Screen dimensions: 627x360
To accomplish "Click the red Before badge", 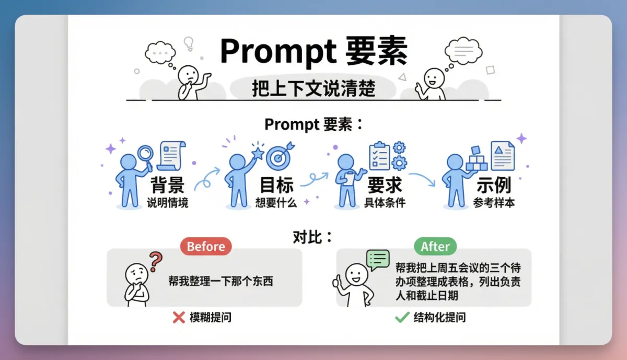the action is (x=206, y=246).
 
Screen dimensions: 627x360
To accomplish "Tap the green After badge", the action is (x=435, y=246).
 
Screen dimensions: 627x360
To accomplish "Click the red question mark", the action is (x=156, y=261).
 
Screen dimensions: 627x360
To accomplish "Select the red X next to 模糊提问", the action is (x=179, y=318).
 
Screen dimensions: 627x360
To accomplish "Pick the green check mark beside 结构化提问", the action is (x=402, y=318).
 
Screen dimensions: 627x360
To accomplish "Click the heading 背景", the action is (x=168, y=185).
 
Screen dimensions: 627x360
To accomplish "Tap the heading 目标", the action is (x=276, y=185).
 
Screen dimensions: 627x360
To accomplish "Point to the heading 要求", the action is (x=385, y=185).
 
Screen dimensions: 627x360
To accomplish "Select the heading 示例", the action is (x=494, y=185).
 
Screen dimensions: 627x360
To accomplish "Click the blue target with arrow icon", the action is (x=280, y=156).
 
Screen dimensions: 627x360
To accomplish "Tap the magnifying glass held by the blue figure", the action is (x=146, y=157).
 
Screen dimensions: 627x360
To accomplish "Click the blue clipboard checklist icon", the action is (x=379, y=156).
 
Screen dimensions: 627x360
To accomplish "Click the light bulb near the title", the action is (x=189, y=44).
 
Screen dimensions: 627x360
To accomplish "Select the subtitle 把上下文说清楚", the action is (x=313, y=88).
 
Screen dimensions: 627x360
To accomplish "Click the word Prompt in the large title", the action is (x=278, y=51).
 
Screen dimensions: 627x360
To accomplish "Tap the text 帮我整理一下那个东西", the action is (x=220, y=281).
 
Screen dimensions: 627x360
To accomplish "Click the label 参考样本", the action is (x=494, y=202).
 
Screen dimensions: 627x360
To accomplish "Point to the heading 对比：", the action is (x=312, y=237).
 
